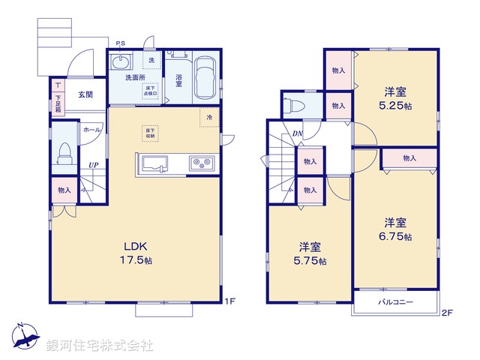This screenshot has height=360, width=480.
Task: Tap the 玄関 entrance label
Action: [85, 95]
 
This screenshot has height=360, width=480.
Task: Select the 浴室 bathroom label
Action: [179, 80]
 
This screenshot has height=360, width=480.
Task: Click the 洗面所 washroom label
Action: [135, 77]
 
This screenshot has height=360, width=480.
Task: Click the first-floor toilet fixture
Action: [64, 153]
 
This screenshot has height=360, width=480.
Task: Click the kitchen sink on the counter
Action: [155, 162]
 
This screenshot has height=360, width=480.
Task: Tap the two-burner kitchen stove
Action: [201, 162]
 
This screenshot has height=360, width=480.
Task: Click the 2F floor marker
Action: [448, 311]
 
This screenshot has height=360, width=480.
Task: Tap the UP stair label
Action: [93, 166]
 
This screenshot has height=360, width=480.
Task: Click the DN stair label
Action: [298, 134]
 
